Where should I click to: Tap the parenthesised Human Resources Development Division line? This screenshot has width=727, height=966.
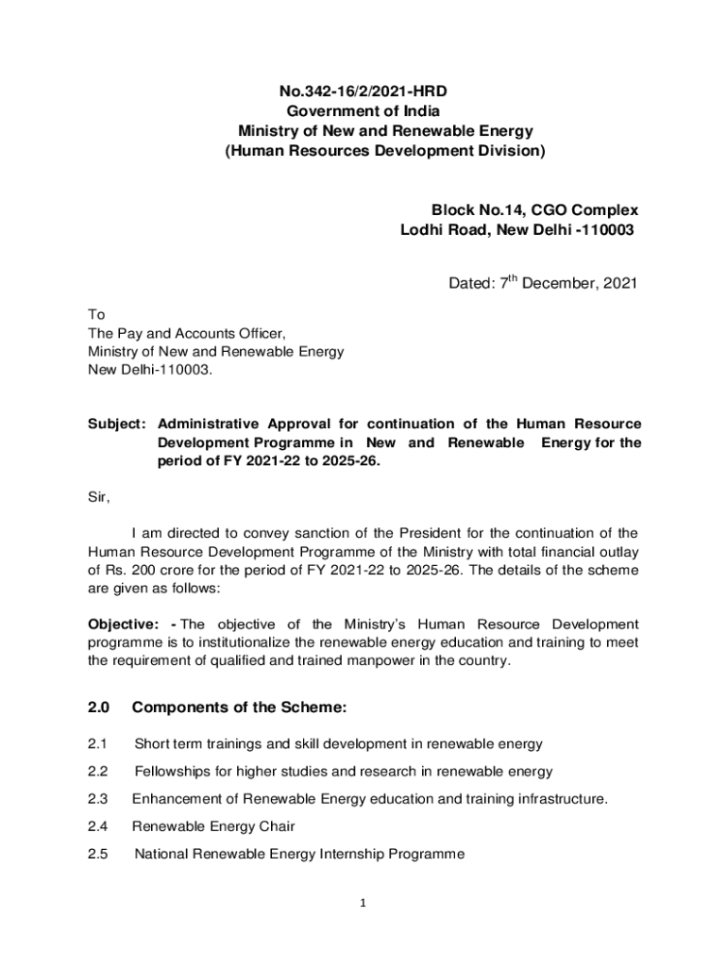point(384,150)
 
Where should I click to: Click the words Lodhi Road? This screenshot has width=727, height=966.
point(438,229)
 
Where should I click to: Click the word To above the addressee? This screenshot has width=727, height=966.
point(96,314)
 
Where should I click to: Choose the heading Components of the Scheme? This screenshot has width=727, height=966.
point(240,708)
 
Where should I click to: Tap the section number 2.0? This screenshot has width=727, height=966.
point(99,708)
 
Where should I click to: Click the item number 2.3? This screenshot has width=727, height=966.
point(98,799)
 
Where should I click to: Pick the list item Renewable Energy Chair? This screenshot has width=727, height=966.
point(213,826)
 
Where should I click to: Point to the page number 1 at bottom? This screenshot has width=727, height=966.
point(363,904)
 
